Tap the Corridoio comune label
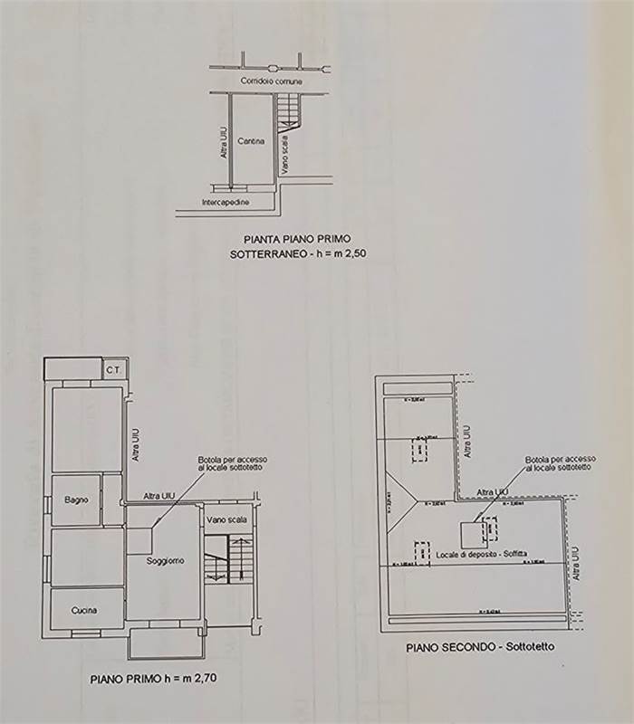coord(271,81)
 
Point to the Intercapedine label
coord(226,202)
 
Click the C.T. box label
coord(113,369)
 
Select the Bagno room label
coord(75,500)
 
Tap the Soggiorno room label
coord(166,561)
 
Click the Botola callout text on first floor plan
coord(233,464)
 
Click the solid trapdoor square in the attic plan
coord(472,535)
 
